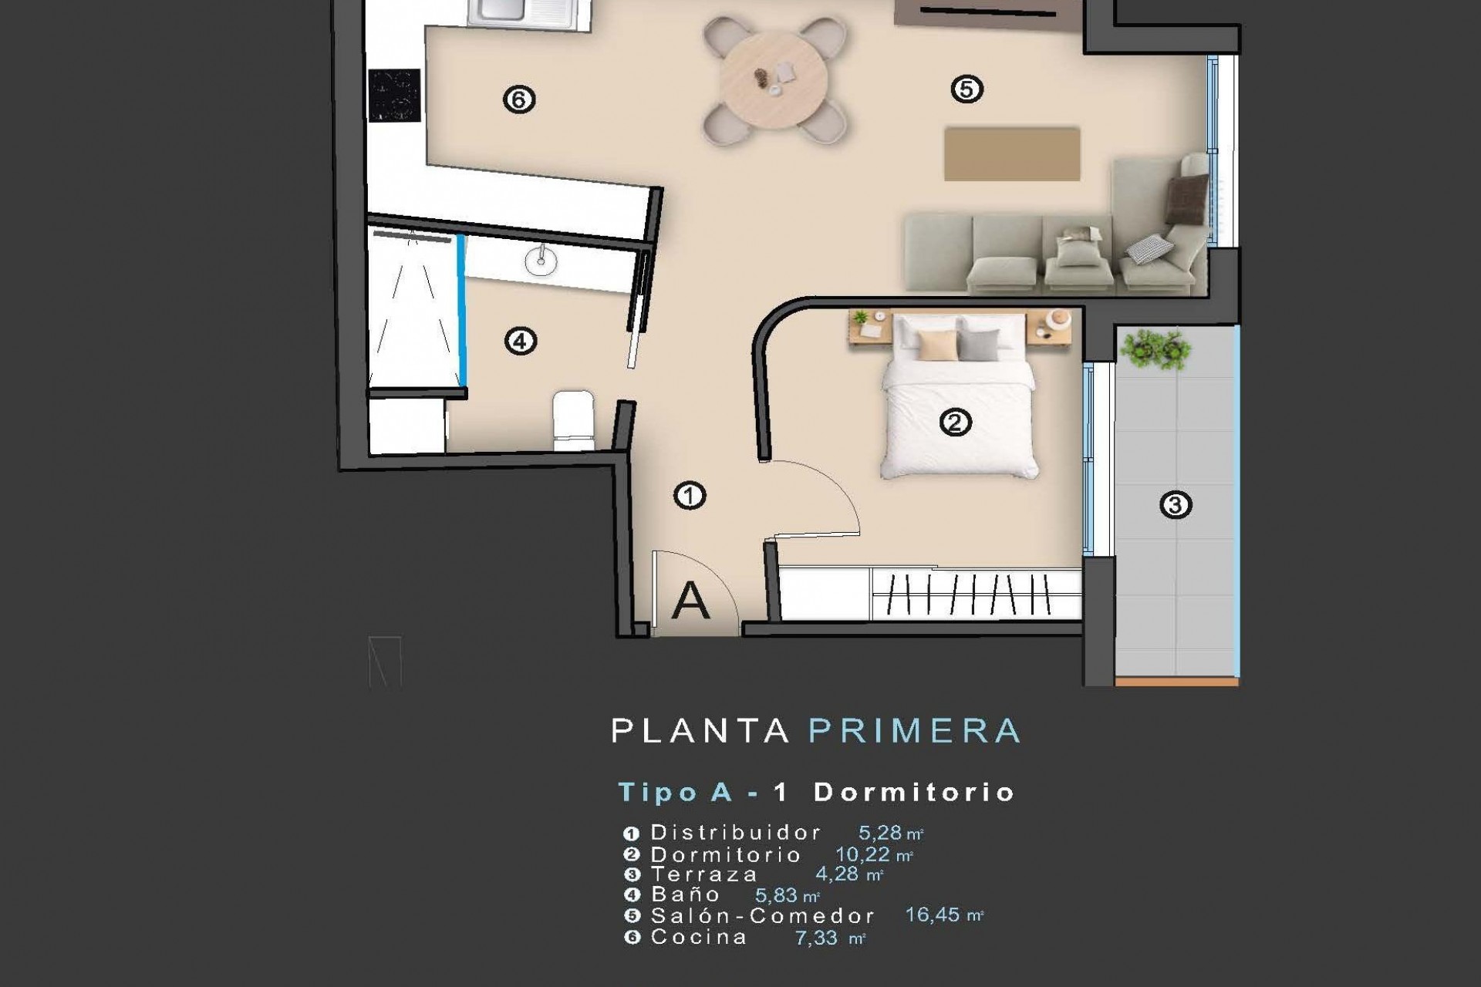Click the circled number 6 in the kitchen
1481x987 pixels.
pyautogui.click(x=518, y=99)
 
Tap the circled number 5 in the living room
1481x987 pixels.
pyautogui.click(x=967, y=89)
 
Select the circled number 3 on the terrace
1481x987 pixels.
pyautogui.click(x=1175, y=505)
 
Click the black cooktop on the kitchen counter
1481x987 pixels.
pyautogui.click(x=395, y=96)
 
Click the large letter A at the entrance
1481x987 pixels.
pyautogui.click(x=690, y=601)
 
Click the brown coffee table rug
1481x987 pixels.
pyautogui.click(x=1011, y=154)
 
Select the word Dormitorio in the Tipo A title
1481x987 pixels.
pyautogui.click(x=914, y=793)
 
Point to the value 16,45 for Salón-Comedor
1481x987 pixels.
pyautogui.click(x=933, y=915)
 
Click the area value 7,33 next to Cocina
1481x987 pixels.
pyautogui.click(x=817, y=938)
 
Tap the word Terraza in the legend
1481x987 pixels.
pyautogui.click(x=704, y=874)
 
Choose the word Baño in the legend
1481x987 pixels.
pyautogui.click(x=685, y=894)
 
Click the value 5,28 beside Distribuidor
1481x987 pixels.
pyautogui.click(x=880, y=833)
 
